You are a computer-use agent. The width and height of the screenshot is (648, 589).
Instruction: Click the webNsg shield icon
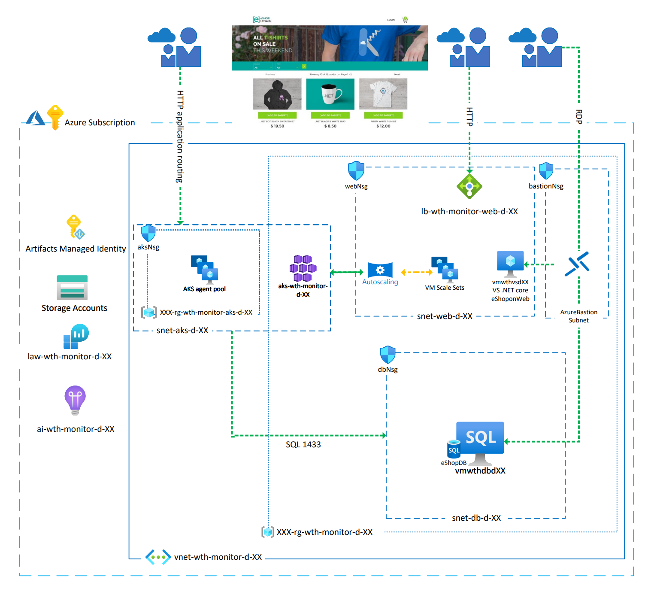click(x=356, y=171)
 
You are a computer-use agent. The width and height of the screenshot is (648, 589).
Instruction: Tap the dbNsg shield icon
click(x=388, y=355)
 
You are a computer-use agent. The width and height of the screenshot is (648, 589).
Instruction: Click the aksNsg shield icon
click(x=148, y=233)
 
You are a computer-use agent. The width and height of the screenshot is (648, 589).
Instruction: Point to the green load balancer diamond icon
click(x=469, y=186)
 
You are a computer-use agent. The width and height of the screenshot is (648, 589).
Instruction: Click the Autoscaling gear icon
click(x=380, y=270)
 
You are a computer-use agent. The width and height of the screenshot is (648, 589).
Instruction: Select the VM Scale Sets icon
click(x=445, y=269)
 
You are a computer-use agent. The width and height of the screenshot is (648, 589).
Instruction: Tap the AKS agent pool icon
click(x=204, y=269)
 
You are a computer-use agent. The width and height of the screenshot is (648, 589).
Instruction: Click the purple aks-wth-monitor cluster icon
click(x=303, y=268)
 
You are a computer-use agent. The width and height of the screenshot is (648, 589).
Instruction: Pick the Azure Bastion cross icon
click(x=577, y=264)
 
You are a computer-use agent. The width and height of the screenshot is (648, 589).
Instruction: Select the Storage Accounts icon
click(x=72, y=287)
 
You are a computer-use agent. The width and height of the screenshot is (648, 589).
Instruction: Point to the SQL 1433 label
click(x=303, y=445)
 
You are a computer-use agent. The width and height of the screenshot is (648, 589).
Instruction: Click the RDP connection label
click(x=578, y=117)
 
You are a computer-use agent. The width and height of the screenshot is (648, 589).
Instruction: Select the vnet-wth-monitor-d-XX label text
click(x=218, y=557)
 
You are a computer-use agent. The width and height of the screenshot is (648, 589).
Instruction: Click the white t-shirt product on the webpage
click(x=383, y=94)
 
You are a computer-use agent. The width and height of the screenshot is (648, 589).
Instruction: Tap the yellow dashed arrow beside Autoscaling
click(x=416, y=272)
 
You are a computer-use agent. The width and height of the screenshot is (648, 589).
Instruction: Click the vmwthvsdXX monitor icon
click(x=510, y=263)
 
